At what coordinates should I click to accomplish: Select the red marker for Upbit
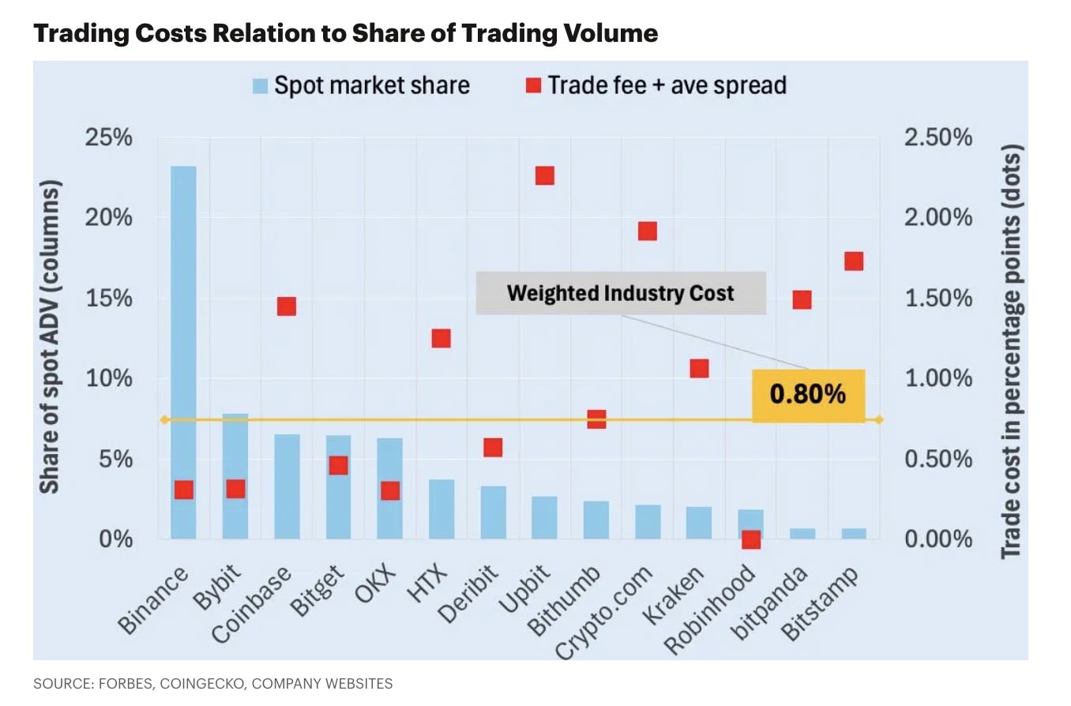click(x=545, y=175)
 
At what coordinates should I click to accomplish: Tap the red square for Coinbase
click(x=287, y=306)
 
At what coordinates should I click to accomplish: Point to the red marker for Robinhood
click(x=751, y=539)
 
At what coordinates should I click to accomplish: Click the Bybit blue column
click(x=235, y=474)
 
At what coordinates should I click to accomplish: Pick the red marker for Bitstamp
click(x=854, y=261)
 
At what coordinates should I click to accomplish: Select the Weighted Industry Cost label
click(x=621, y=294)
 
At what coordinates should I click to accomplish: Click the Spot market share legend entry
click(x=361, y=85)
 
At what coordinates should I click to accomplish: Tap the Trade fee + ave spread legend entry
click(x=656, y=85)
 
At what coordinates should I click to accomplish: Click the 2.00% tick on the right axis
click(x=938, y=218)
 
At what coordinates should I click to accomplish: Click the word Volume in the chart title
click(x=607, y=33)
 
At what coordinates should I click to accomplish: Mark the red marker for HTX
click(x=441, y=338)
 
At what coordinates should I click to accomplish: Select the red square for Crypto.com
click(x=648, y=231)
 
